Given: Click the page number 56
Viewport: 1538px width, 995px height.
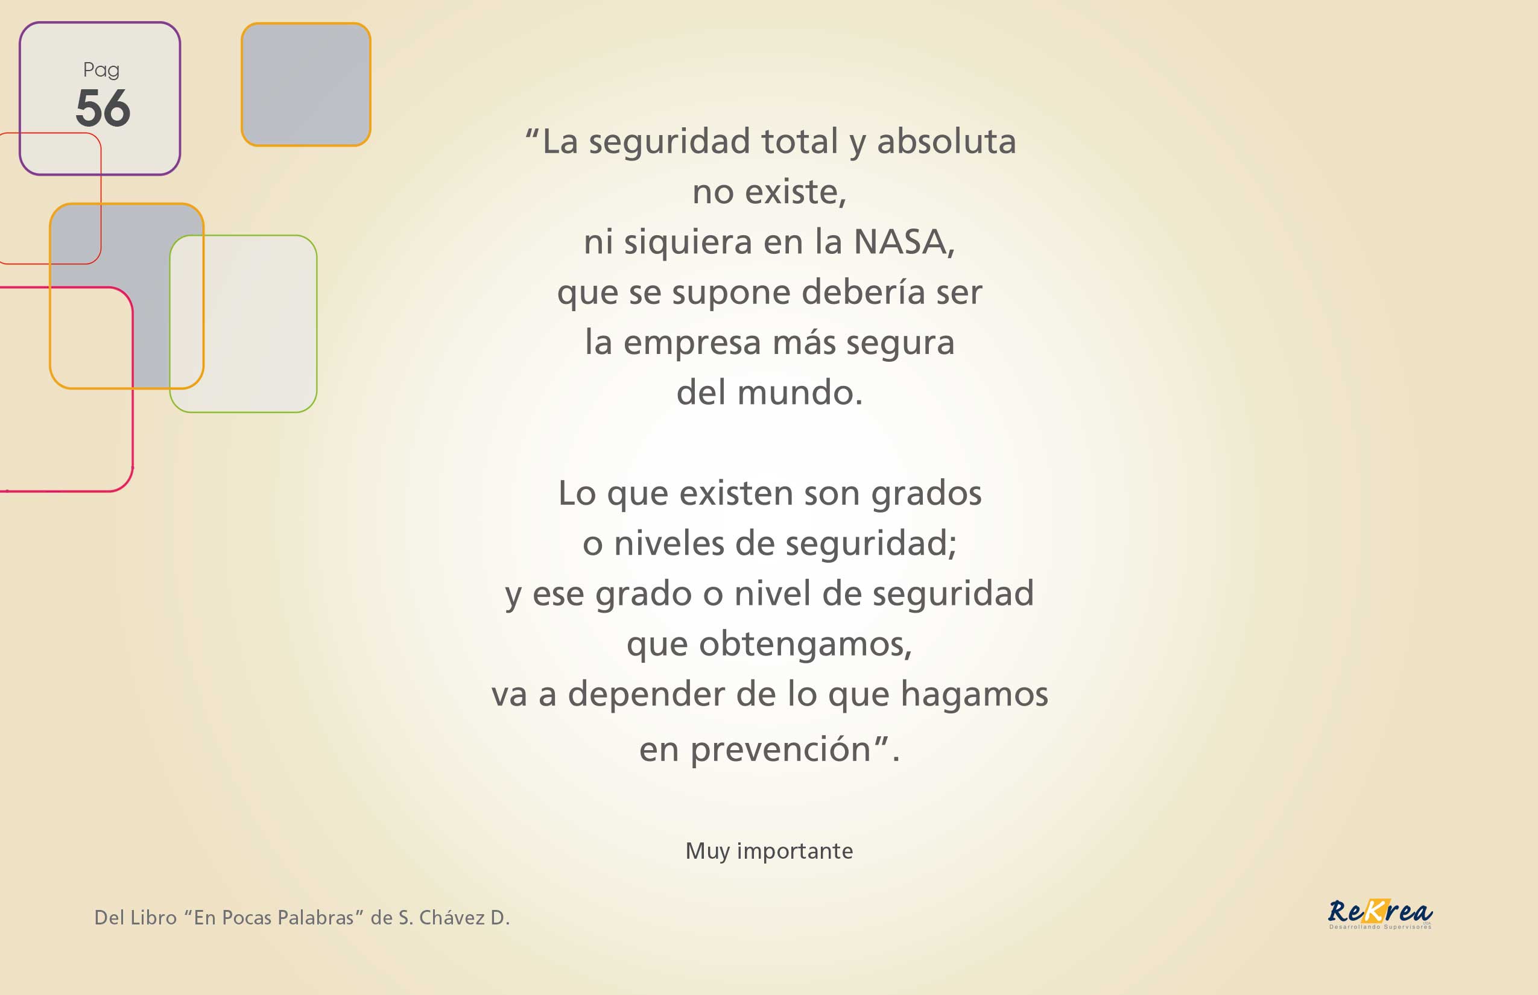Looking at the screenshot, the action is coord(103,107).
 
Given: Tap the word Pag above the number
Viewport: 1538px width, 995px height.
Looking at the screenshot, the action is coord(101,70).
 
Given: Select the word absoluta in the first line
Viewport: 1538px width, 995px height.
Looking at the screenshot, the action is coord(946,141).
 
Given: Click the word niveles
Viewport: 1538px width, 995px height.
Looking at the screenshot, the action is coord(669,543).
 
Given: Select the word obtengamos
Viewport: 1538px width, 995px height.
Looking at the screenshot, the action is coord(805,644).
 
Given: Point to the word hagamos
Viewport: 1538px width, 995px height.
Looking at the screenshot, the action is coord(975,695).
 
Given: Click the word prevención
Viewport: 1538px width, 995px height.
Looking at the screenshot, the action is coord(780,751).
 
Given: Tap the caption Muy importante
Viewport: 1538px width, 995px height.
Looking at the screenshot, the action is coord(769,851).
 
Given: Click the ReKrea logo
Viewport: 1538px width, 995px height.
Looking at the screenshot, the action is coord(1381,914).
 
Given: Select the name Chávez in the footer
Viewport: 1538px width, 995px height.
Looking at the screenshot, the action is coord(452,917).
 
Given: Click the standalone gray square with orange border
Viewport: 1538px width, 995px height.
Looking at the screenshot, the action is coord(306,84).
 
